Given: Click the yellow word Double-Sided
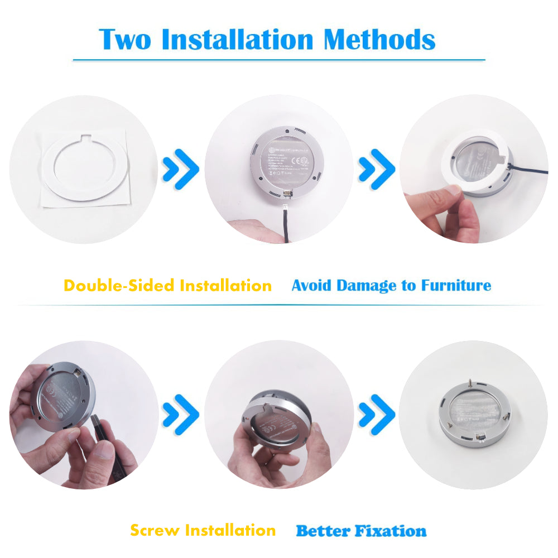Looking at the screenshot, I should [118, 286].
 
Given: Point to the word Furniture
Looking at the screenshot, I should [456, 286].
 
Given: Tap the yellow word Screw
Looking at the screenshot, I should [156, 530].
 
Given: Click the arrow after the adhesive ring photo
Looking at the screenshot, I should [180, 168].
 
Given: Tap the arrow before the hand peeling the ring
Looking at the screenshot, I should [377, 168].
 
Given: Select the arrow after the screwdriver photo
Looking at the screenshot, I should [180, 415].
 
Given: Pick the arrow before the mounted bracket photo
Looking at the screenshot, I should [377, 415].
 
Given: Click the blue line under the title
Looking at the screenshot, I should [279, 59].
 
